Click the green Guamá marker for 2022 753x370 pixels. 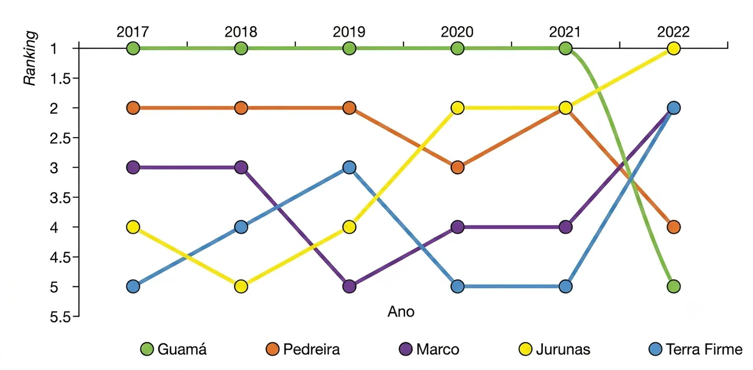[674, 287]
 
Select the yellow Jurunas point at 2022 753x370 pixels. [674, 49]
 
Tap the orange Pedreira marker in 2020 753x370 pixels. [457, 167]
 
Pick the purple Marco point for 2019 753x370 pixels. [349, 287]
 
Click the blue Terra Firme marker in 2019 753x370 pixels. [349, 167]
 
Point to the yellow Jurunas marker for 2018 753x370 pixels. [241, 287]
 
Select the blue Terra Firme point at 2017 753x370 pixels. [133, 287]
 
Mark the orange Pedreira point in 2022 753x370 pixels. [674, 227]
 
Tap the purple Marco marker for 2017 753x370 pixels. [133, 167]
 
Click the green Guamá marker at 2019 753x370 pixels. [349, 49]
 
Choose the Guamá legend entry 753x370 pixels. [174, 349]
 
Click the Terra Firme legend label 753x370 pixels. [704, 349]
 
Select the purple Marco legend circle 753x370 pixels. [406, 349]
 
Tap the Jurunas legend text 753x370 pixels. [563, 349]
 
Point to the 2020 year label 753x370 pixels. [457, 32]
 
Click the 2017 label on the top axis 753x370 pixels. [133, 32]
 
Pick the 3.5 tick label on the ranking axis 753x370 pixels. [61, 198]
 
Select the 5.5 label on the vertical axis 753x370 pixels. [61, 317]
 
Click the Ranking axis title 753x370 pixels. [30, 58]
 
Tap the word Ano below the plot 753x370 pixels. [401, 311]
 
